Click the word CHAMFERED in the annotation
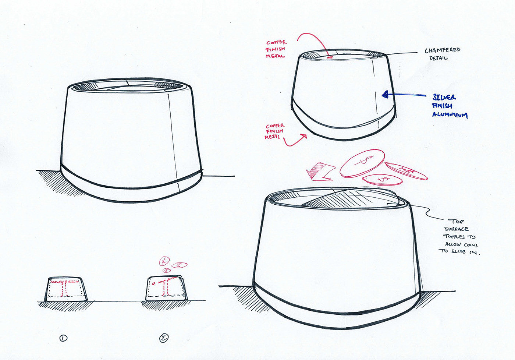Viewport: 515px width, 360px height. tap(442, 50)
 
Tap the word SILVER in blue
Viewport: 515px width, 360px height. tap(444, 97)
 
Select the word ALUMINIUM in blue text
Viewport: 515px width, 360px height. tap(450, 114)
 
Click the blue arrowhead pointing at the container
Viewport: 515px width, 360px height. tap(385, 94)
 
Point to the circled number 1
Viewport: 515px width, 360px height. tap(63, 338)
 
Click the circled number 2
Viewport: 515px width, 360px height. tap(164, 338)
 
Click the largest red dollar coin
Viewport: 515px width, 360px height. tap(362, 163)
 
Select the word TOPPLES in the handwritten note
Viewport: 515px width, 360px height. tap(454, 236)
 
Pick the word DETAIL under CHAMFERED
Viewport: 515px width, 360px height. tap(438, 58)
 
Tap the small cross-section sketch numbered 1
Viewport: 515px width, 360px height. tap(66, 289)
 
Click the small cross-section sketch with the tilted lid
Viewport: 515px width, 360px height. tap(166, 289)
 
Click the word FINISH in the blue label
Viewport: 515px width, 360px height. tap(442, 106)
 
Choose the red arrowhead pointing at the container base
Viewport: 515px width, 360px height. tap(304, 136)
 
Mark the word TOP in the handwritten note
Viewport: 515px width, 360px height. tap(455, 221)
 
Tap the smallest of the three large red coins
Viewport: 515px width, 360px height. tap(382, 180)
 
